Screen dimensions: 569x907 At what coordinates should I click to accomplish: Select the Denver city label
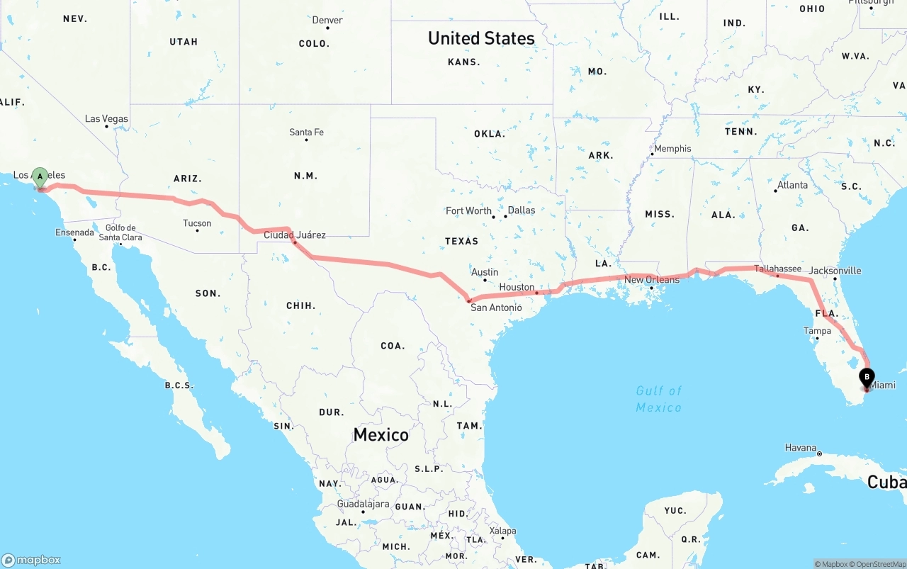click(x=327, y=20)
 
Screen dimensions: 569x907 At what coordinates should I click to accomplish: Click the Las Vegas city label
click(x=106, y=118)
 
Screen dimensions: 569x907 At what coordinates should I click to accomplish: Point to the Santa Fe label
click(x=306, y=132)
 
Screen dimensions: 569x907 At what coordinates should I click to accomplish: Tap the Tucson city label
click(x=197, y=223)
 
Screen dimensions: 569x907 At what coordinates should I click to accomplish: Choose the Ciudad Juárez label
click(x=295, y=235)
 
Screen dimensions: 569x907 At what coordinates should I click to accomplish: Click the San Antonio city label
click(x=496, y=308)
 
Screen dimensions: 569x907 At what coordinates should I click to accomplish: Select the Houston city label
click(x=517, y=287)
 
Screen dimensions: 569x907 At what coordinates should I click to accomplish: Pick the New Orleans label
click(x=651, y=280)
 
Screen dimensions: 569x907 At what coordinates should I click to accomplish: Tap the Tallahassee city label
click(x=777, y=269)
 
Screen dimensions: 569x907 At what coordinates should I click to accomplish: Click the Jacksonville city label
click(x=835, y=271)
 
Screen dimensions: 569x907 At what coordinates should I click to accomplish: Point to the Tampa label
click(x=817, y=331)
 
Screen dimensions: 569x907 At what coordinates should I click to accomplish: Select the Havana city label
click(x=801, y=448)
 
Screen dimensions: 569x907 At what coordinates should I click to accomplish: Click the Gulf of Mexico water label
click(x=659, y=399)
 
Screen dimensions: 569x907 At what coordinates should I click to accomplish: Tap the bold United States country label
click(x=481, y=38)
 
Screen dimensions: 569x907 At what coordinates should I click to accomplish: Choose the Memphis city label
click(x=672, y=149)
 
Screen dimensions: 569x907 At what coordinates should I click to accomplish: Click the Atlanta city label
click(x=792, y=185)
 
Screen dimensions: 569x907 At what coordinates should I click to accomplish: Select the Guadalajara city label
click(x=363, y=504)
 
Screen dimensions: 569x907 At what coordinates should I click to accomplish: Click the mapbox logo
click(x=31, y=560)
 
